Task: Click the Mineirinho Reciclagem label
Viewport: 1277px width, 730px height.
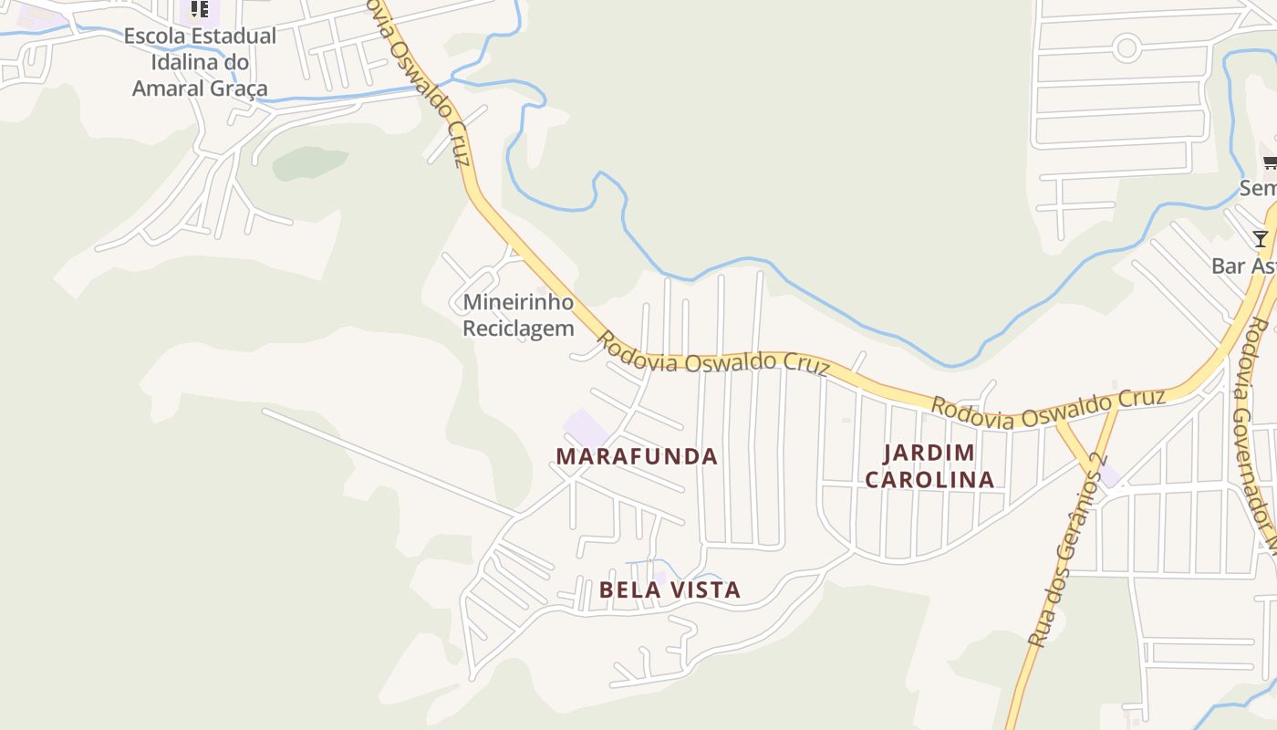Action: point(518,315)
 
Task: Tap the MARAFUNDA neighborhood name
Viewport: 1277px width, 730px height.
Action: point(637,456)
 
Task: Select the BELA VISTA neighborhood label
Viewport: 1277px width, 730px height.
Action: point(670,589)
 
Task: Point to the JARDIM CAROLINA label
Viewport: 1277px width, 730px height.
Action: point(929,466)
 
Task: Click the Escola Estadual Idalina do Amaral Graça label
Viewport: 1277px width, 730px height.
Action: point(200,62)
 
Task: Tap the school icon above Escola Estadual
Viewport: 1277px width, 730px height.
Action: point(200,10)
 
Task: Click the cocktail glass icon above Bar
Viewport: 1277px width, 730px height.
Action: point(1260,239)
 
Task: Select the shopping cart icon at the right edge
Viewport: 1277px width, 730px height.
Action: point(1270,163)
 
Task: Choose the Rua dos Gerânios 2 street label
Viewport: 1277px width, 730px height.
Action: point(1068,551)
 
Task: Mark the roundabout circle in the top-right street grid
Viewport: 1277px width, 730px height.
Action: point(1126,47)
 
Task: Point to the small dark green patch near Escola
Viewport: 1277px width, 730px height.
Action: point(309,162)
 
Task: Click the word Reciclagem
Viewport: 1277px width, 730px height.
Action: point(518,328)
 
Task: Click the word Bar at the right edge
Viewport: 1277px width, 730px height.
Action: point(1228,266)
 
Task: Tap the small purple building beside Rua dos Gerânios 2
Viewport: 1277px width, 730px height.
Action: point(1108,475)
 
